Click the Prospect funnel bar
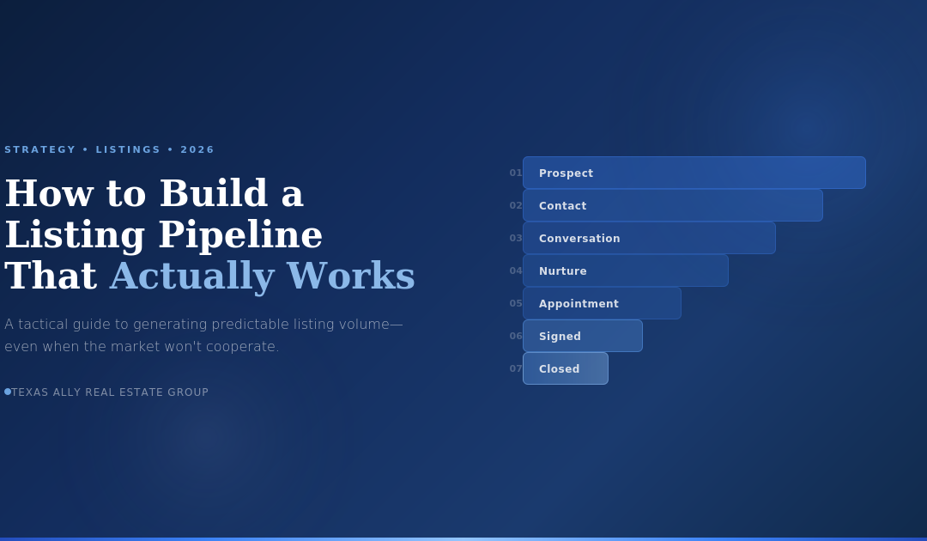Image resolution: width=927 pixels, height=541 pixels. tap(694, 173)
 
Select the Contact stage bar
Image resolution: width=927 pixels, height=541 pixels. tap(673, 205)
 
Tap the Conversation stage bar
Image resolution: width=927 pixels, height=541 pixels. tap(649, 238)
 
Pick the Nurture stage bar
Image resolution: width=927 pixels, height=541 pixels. tap(626, 270)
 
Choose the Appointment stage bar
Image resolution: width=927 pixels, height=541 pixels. tap(602, 303)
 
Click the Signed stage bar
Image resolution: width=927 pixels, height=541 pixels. tap(582, 336)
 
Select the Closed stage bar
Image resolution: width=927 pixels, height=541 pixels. tap(565, 368)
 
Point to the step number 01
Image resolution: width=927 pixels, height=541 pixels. tap(516, 173)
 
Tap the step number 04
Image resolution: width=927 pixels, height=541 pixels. tap(516, 270)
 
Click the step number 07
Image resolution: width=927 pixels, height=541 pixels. tap(516, 368)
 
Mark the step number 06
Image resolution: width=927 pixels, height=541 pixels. tap(516, 336)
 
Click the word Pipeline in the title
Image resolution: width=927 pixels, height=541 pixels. tap(240, 235)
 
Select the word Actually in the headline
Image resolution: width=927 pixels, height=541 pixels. tap(192, 277)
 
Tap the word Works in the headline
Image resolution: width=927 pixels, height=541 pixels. tap(350, 276)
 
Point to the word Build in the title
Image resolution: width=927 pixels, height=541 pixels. tap(214, 192)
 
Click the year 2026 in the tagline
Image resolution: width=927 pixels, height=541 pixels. tap(197, 149)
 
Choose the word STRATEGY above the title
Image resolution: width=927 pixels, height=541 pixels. tap(40, 149)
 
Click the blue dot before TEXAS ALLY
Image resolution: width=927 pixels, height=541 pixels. tap(8, 392)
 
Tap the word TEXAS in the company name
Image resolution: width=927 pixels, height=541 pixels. tap(30, 392)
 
